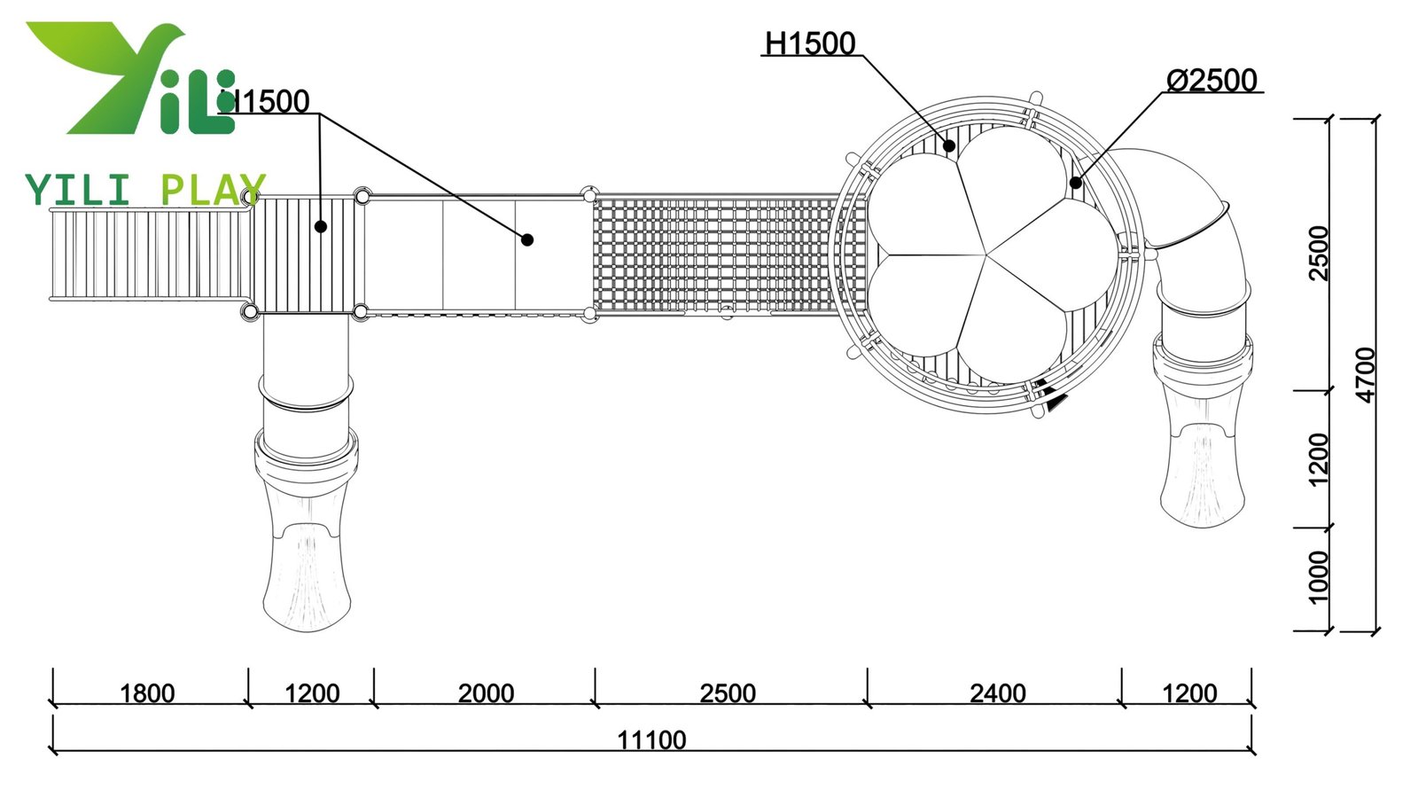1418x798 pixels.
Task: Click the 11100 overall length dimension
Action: [651, 739]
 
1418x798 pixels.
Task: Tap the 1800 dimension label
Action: [147, 692]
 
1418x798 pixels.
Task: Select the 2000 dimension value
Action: [486, 692]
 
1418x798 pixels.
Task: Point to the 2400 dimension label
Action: [998, 692]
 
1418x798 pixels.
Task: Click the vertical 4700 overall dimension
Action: [1367, 375]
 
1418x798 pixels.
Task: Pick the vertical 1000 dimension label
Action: [1319, 576]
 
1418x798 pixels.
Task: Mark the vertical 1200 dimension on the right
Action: [1319, 459]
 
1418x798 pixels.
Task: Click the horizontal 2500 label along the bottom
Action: [728, 692]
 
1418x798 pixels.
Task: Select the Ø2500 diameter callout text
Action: [1212, 80]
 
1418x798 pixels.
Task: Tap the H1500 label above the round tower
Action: [810, 43]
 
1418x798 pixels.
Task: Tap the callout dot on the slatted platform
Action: [321, 227]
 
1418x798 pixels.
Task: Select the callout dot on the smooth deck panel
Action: [527, 239]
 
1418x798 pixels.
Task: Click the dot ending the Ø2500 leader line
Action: [1076, 184]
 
